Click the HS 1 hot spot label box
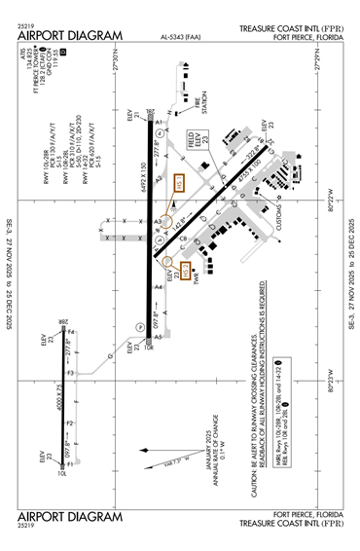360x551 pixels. (179, 185)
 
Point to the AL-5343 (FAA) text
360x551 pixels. (181, 40)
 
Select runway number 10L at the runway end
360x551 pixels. (62, 474)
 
